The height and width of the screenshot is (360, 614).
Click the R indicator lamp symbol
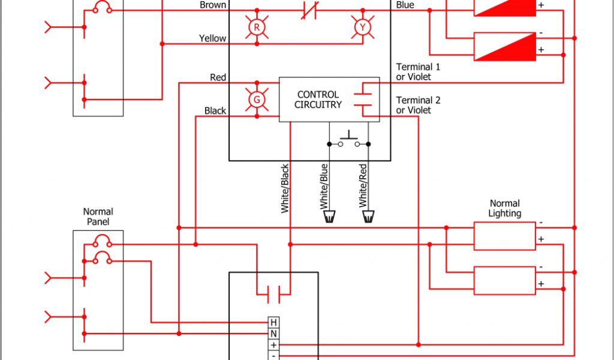[x=257, y=28]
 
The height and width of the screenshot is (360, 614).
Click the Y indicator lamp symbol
[x=362, y=28]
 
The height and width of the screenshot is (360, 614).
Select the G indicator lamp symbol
[x=257, y=100]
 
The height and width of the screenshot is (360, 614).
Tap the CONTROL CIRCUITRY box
[x=329, y=100]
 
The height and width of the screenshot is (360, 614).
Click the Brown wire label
[x=213, y=5]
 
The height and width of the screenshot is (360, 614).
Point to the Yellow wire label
[x=213, y=39]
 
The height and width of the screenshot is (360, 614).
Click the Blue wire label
[x=405, y=5]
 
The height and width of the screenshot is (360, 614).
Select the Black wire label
[x=215, y=111]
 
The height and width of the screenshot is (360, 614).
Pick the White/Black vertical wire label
[x=285, y=188]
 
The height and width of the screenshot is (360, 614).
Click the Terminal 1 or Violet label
[x=418, y=71]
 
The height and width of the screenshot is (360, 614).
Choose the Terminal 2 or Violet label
[x=418, y=105]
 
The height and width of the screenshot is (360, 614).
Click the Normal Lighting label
[x=504, y=208]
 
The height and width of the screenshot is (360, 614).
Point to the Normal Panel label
[x=98, y=217]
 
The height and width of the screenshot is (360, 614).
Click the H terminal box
[x=273, y=322]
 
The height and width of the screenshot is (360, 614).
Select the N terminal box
[x=273, y=334]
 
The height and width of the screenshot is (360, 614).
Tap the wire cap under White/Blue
[x=329, y=217]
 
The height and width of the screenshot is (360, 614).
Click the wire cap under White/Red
[x=368, y=217]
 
